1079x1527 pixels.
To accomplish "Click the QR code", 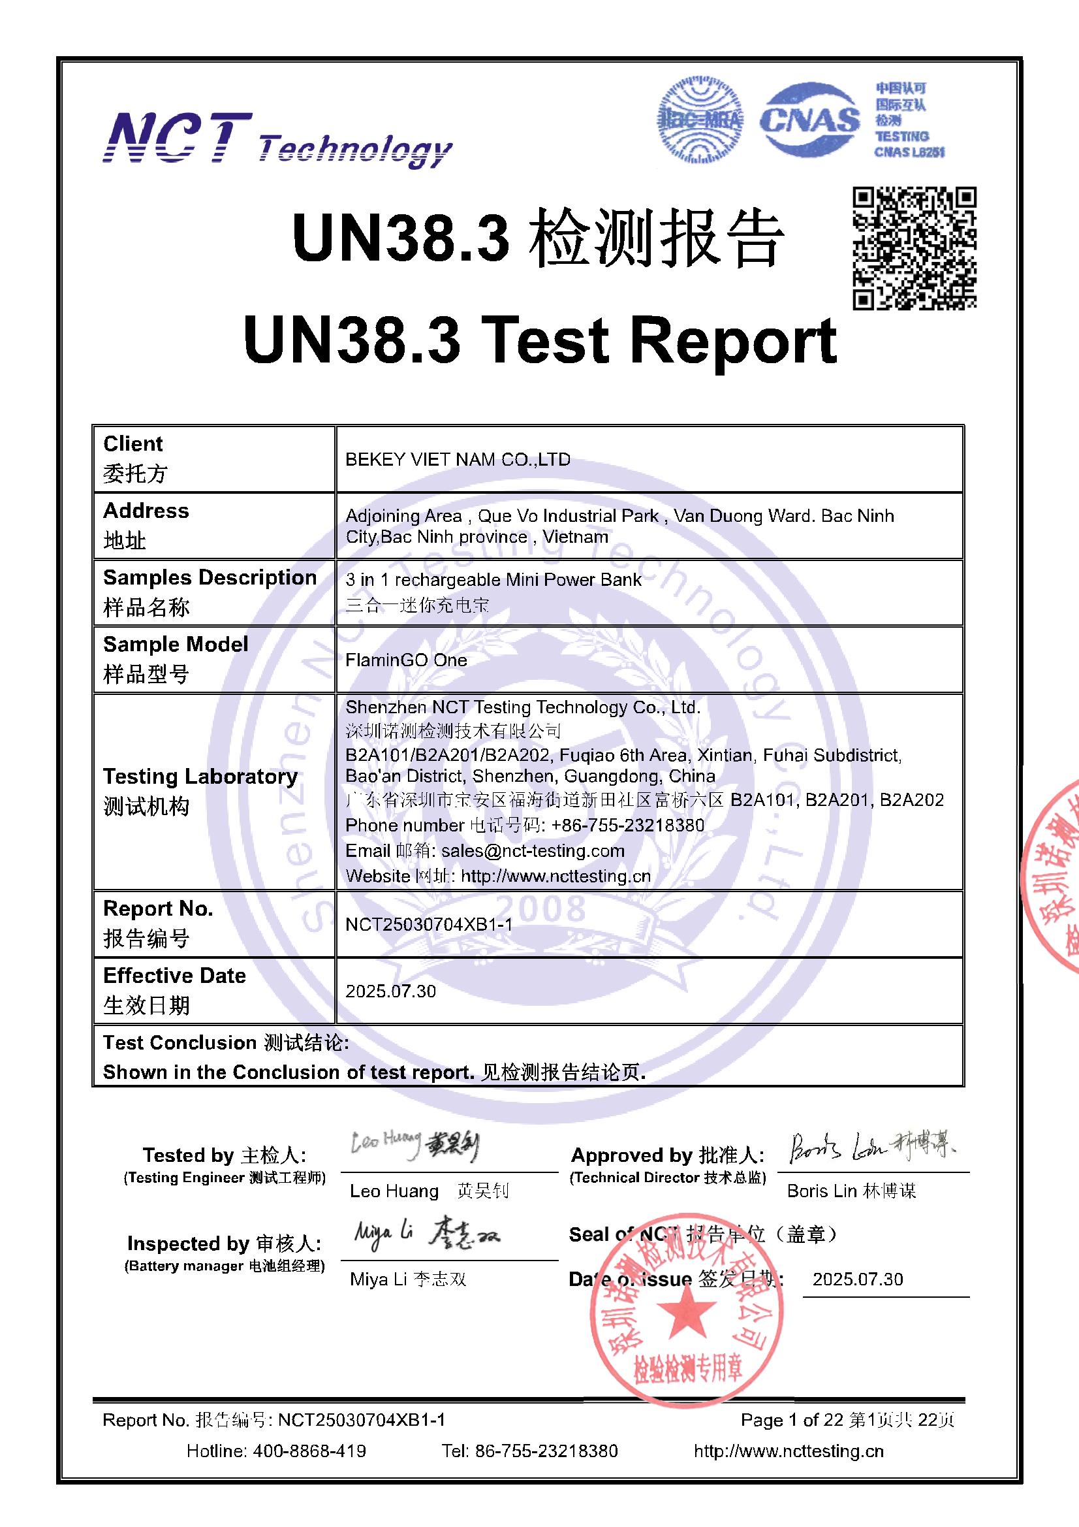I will pyautogui.click(x=914, y=248).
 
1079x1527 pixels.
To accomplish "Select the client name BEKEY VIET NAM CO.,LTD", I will pyautogui.click(x=458, y=460).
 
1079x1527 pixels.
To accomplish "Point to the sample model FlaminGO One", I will pyautogui.click(x=405, y=660).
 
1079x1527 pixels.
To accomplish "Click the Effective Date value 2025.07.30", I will pyautogui.click(x=390, y=991).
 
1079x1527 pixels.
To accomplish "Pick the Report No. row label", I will pyautogui.click(x=157, y=922).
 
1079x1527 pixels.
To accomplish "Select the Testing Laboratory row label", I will pyautogui.click(x=200, y=790).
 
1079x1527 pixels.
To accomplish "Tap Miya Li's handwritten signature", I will pyautogui.click(x=426, y=1234).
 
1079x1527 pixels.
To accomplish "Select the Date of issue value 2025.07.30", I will pyautogui.click(x=858, y=1279).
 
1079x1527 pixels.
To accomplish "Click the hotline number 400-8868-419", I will pyautogui.click(x=309, y=1451).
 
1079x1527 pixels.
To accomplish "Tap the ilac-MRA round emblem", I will pyautogui.click(x=700, y=120).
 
